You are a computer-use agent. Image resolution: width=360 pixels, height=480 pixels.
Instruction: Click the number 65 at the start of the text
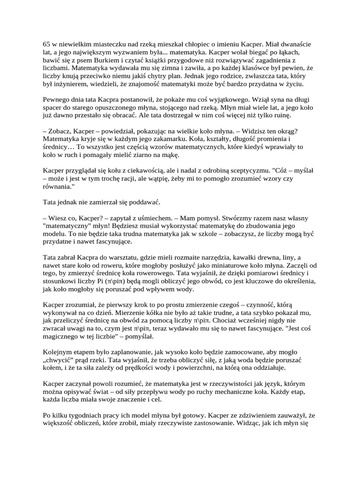pyautogui.click(x=46, y=44)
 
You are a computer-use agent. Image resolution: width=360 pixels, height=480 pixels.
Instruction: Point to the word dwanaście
pyautogui.click(x=296, y=44)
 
